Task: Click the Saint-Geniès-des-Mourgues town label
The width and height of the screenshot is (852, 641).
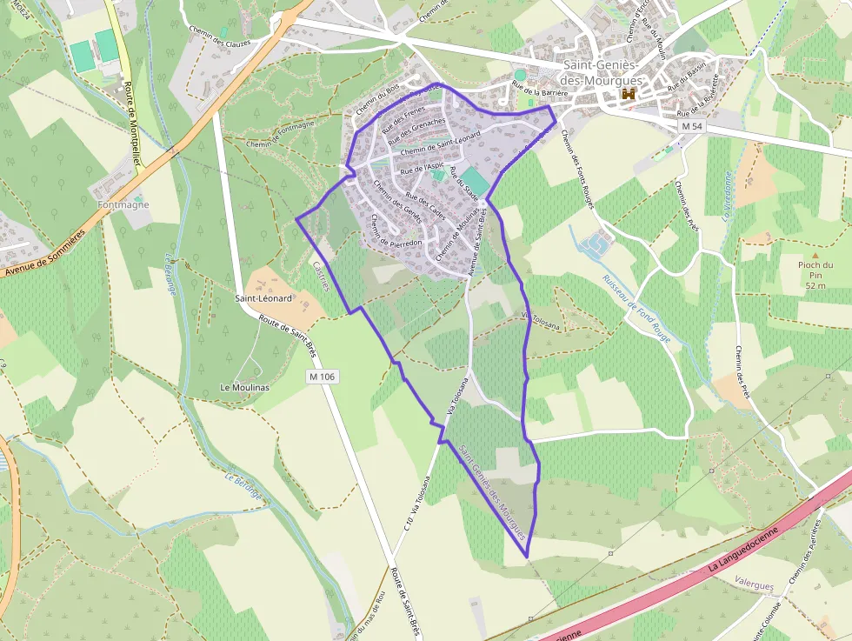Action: coord(602,73)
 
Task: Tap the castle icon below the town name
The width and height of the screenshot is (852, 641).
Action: coord(628,94)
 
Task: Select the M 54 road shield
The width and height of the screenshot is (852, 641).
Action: coord(692,127)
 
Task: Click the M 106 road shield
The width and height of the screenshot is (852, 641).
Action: coord(322,377)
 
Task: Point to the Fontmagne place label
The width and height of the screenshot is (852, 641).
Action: coord(123,205)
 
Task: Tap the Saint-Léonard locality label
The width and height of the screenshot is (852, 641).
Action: coord(263,297)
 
